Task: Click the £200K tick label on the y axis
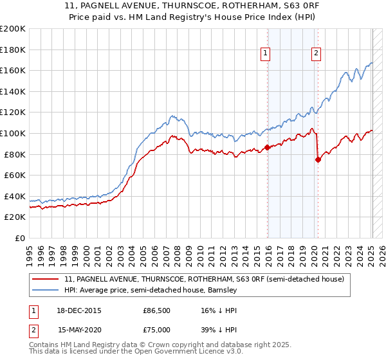pos(13,28)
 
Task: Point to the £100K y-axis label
pos(13,133)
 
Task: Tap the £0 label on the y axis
pos(19,238)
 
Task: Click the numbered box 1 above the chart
pos(266,54)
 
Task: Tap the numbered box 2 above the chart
pos(317,54)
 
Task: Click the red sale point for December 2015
pos(268,147)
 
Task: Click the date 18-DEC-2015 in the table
pos(80,310)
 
